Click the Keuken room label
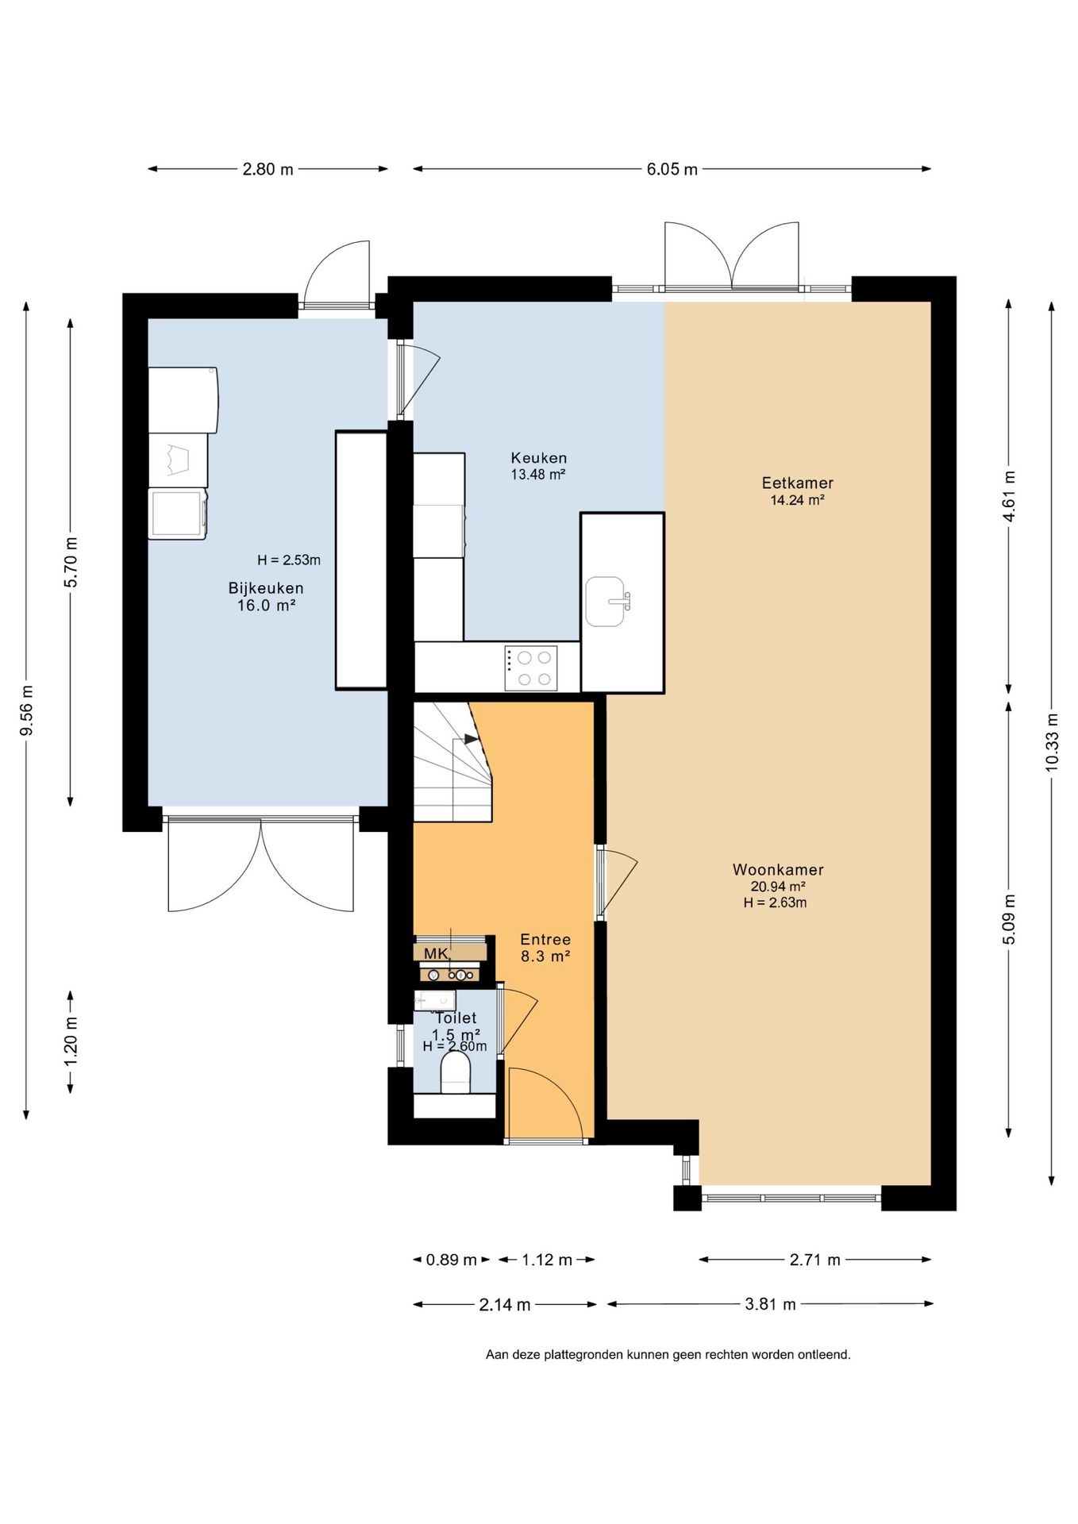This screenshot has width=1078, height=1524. tap(539, 458)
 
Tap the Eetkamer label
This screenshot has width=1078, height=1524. tap(798, 483)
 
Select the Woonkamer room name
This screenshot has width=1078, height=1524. tap(778, 870)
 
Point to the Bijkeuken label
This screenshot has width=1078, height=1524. tap(266, 588)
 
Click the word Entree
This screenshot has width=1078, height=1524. tap(545, 940)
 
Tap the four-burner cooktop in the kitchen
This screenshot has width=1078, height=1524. tap(531, 668)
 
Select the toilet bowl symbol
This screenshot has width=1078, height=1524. tap(456, 1072)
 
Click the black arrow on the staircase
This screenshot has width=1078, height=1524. tap(472, 739)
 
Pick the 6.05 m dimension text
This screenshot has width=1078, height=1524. tap(672, 169)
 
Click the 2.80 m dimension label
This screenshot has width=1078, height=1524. tap(268, 169)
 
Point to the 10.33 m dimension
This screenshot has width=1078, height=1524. tap(1052, 741)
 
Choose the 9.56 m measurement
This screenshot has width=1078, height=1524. tap(26, 710)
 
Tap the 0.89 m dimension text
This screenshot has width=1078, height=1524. tap(452, 1260)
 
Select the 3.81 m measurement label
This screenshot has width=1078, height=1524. tap(770, 1304)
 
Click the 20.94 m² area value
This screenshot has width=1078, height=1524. tap(778, 887)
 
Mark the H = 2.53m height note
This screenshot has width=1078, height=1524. tap(289, 560)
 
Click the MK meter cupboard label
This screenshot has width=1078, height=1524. tap(436, 953)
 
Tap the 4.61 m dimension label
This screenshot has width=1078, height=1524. tap(1009, 496)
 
